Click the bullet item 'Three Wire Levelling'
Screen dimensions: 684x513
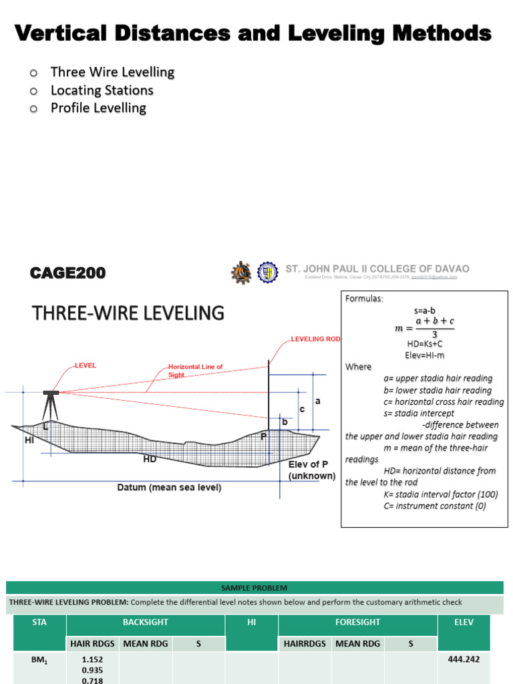pos(112,72)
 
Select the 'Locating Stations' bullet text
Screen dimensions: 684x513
pos(102,90)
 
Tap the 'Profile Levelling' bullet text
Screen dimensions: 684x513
pos(98,108)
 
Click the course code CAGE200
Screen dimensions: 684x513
pos(67,273)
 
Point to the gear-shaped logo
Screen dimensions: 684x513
pos(241,272)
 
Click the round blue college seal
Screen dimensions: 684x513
pos(268,271)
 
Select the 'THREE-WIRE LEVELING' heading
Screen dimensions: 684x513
pos(128,313)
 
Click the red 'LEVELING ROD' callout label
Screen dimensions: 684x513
pos(315,339)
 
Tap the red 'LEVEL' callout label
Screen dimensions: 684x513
pos(85,365)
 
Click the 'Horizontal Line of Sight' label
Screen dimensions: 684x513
pos(195,371)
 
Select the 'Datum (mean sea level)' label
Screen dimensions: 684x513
pos(169,488)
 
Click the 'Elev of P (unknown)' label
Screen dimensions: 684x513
pos(311,470)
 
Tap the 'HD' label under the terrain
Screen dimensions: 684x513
pos(150,460)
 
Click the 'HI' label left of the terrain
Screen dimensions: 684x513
pos(29,440)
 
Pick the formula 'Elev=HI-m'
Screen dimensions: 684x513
pos(425,355)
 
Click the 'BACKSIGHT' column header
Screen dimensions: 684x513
pos(145,622)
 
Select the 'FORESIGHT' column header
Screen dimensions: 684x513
pos(357,622)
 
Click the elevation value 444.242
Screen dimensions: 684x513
pos(463,659)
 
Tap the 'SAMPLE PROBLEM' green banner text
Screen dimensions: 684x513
pos(254,588)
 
